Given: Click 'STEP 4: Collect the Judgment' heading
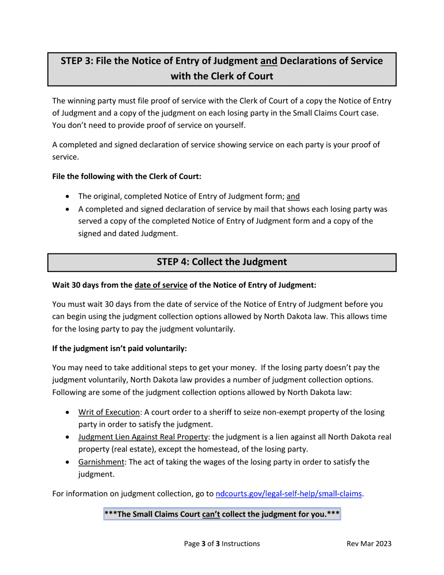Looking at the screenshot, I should coord(222,262).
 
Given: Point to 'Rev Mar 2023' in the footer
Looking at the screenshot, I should coord(369,544).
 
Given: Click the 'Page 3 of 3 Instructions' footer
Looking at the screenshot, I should coord(222,544).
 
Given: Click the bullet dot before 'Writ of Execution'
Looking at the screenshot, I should coord(69,413).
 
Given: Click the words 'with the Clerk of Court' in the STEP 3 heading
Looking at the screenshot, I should coord(222,76).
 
